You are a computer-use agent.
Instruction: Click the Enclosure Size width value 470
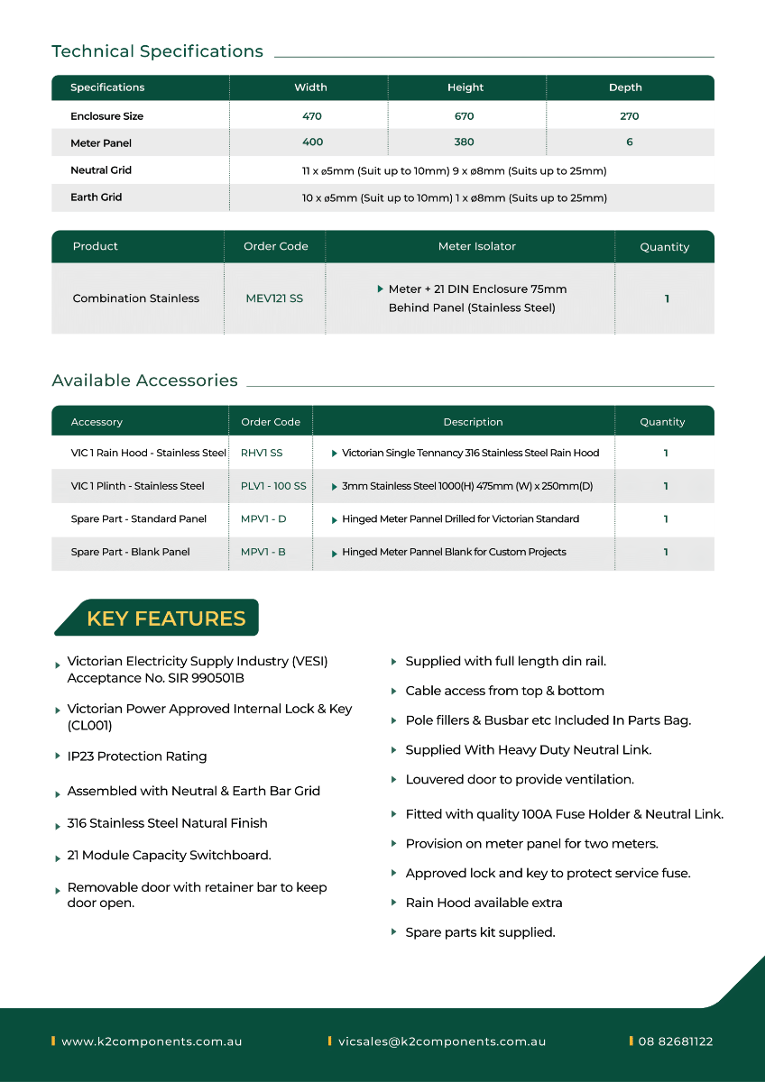[x=312, y=116]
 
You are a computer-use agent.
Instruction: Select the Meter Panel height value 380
[x=465, y=142]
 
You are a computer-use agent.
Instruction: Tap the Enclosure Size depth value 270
[x=629, y=116]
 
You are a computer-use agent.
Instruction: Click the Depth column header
[x=625, y=87]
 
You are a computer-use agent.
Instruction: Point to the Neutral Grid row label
[x=101, y=170]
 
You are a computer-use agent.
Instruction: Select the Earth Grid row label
[x=96, y=197]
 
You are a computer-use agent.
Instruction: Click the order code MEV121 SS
[x=274, y=298]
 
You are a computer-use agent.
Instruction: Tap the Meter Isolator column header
[x=477, y=246]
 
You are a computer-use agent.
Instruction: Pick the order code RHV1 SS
[x=262, y=453]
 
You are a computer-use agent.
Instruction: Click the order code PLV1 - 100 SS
[x=273, y=486]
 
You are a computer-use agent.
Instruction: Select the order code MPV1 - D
[x=263, y=518]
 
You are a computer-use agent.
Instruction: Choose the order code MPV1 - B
[x=263, y=552]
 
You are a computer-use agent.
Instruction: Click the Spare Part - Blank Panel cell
[x=130, y=552]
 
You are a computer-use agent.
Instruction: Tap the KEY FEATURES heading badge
[x=166, y=619]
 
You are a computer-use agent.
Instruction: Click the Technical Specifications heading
[x=157, y=51]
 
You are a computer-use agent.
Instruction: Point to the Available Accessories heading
[x=144, y=381]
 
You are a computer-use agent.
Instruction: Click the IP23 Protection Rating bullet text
[x=137, y=756]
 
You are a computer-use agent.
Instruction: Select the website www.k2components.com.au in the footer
[x=152, y=1041]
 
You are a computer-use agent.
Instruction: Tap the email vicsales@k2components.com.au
[x=442, y=1041]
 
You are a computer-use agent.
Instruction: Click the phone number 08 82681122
[x=676, y=1041]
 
